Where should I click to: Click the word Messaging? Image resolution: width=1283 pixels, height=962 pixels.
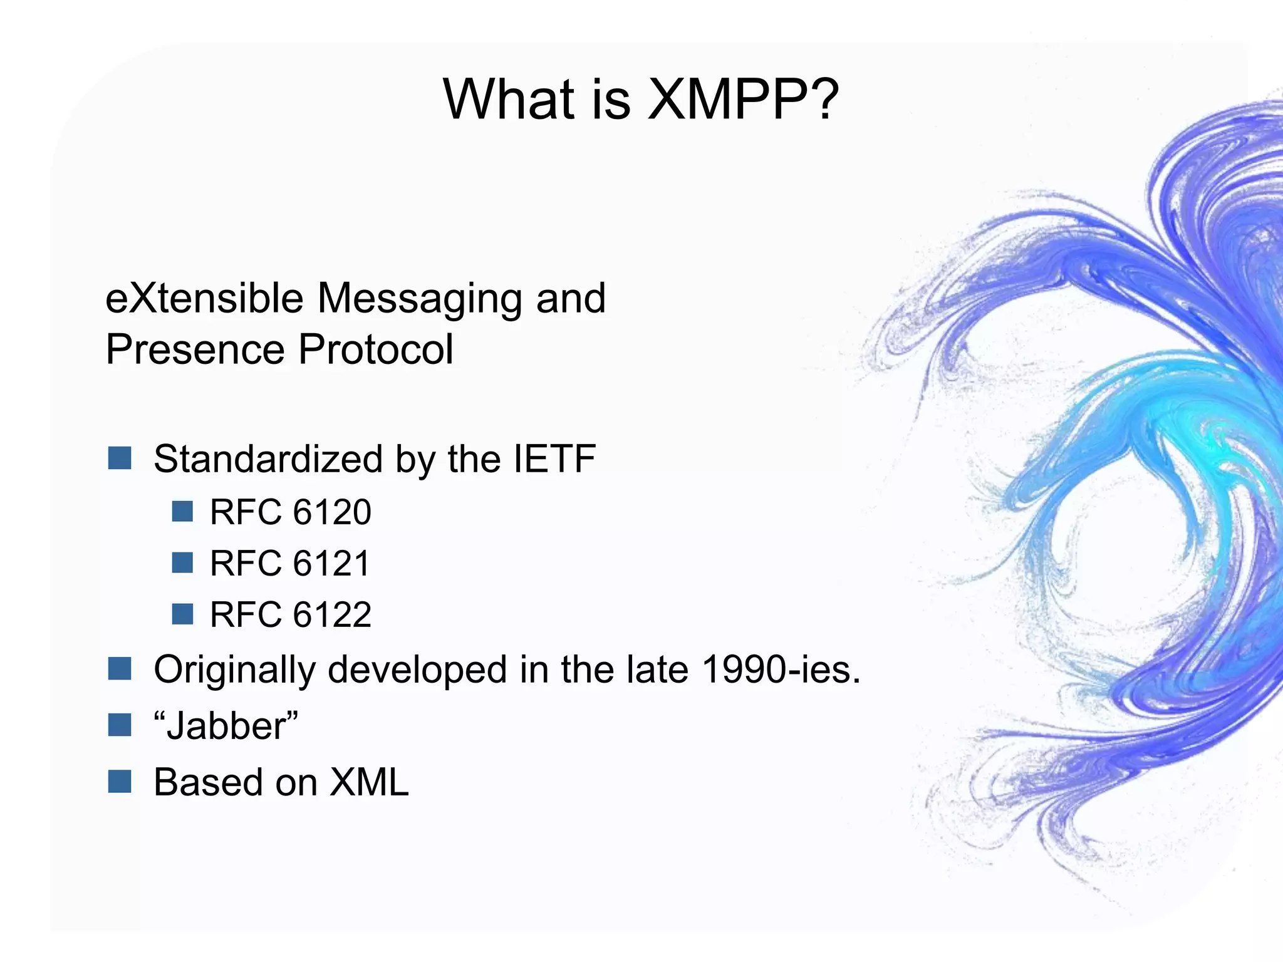(x=419, y=299)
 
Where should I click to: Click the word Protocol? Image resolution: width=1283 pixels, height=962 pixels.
(x=375, y=349)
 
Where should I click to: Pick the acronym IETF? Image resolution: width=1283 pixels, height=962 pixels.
(x=554, y=459)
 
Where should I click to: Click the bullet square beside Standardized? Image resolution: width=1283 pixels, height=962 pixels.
(x=119, y=458)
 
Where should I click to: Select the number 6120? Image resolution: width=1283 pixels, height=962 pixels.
(x=332, y=512)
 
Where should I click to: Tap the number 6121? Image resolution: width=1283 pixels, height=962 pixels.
(x=332, y=563)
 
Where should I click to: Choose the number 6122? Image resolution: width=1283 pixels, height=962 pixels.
(x=332, y=614)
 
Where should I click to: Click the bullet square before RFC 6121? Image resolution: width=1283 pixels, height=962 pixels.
(x=182, y=562)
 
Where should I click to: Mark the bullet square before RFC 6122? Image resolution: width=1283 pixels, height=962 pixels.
(x=182, y=614)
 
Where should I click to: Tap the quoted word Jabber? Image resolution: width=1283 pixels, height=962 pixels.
(x=226, y=726)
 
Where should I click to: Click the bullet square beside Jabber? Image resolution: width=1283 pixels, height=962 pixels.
(x=119, y=725)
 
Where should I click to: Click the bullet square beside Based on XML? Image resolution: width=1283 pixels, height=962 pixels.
(x=119, y=781)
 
